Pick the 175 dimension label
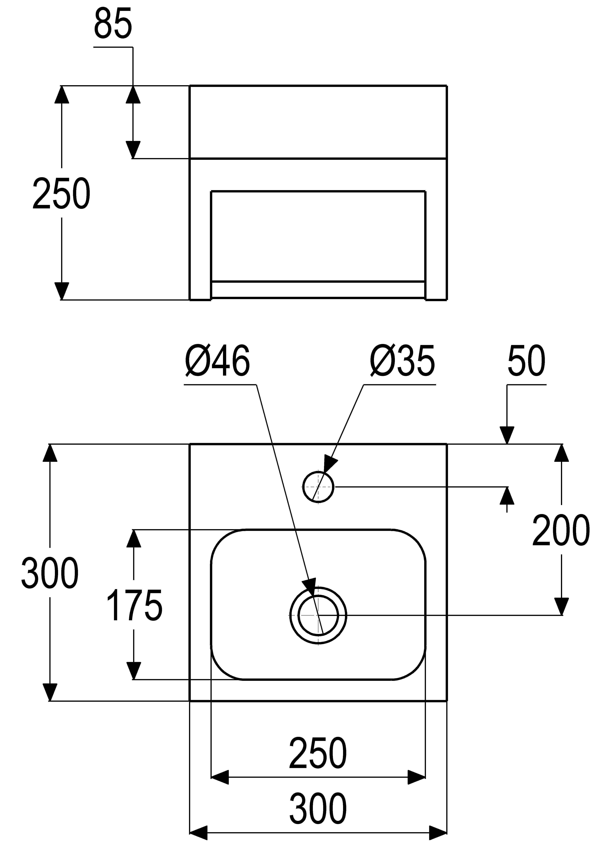(134, 605)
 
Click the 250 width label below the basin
(318, 753)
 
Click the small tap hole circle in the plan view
(318, 487)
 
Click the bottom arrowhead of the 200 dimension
(561, 607)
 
